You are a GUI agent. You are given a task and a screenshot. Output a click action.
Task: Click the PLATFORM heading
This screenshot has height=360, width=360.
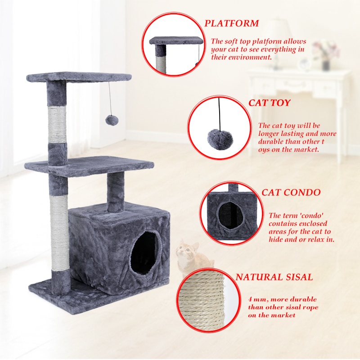tap(232, 23)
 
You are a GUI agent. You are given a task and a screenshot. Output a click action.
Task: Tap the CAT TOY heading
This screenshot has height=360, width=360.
tap(270, 103)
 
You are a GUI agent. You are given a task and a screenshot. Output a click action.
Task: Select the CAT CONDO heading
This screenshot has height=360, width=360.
tap(291, 193)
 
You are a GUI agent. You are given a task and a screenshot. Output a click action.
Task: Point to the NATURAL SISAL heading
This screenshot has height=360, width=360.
tap(274, 277)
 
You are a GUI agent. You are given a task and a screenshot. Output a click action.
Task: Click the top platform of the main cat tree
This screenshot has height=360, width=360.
tap(79, 76)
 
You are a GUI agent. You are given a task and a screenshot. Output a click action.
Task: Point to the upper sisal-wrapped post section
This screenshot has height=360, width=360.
tap(57, 124)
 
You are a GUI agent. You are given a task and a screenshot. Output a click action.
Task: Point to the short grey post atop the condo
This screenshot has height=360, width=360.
tap(115, 191)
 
